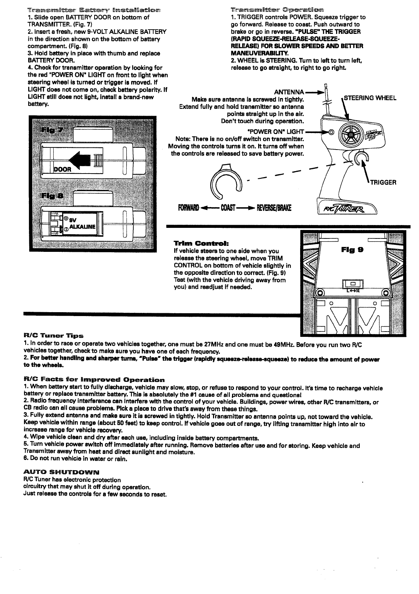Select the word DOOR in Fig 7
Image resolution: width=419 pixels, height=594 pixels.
click(x=63, y=169)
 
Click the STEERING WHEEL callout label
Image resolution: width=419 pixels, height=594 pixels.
click(x=370, y=98)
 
